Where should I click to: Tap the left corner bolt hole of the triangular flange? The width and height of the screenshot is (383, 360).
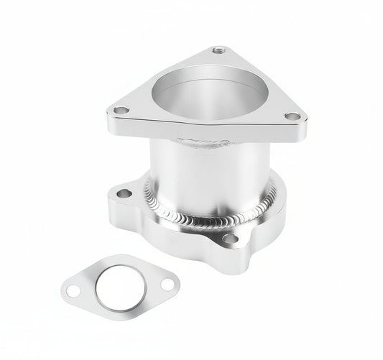tap(121, 111)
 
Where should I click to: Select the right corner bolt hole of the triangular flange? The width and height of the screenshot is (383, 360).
tap(292, 116)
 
